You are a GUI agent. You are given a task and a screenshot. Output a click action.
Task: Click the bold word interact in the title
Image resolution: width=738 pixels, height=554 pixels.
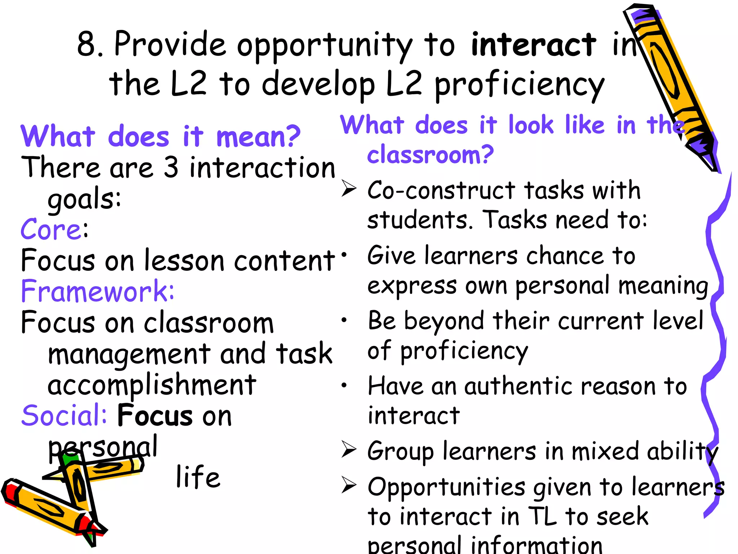pos(533,45)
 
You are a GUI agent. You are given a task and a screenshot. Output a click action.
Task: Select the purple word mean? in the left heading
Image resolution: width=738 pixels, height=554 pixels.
pos(258,137)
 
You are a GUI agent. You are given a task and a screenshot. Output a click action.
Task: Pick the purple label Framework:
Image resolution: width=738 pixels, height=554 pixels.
pos(97,291)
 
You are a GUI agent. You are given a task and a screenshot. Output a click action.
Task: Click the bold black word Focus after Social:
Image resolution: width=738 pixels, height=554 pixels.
pos(155,415)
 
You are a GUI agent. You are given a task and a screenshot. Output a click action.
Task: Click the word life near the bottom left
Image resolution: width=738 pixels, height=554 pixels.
pos(198,477)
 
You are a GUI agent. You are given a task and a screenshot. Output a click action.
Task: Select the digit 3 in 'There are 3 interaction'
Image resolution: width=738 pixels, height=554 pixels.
pos(171,167)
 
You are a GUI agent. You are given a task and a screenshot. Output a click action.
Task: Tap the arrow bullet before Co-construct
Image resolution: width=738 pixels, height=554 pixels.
pos(348,189)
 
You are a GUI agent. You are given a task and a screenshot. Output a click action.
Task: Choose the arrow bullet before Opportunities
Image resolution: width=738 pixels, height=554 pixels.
pos(348,485)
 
